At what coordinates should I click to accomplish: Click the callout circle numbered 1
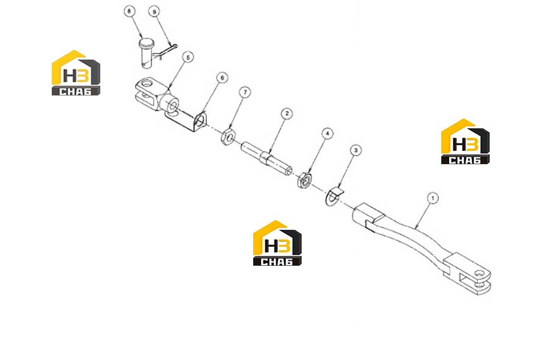[433, 198]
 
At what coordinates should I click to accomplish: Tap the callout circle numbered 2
[287, 114]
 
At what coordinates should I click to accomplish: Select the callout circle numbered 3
[356, 150]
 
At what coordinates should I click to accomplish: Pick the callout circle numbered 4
[327, 133]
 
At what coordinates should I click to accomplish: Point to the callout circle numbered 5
[188, 57]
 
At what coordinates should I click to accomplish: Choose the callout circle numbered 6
[222, 78]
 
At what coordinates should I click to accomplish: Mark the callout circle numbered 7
[245, 92]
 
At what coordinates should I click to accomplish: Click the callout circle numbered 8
[129, 12]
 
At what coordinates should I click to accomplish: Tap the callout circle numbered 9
[154, 12]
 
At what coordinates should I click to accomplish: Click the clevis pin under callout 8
[145, 53]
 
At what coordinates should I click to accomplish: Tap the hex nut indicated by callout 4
[304, 179]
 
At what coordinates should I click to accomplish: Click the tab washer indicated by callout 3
[335, 196]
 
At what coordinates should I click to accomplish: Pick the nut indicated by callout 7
[228, 137]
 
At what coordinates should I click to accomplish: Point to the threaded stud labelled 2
[267, 157]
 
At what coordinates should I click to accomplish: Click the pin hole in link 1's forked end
[480, 274]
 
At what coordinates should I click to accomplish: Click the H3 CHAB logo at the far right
[465, 142]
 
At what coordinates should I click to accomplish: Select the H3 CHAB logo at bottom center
[277, 243]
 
